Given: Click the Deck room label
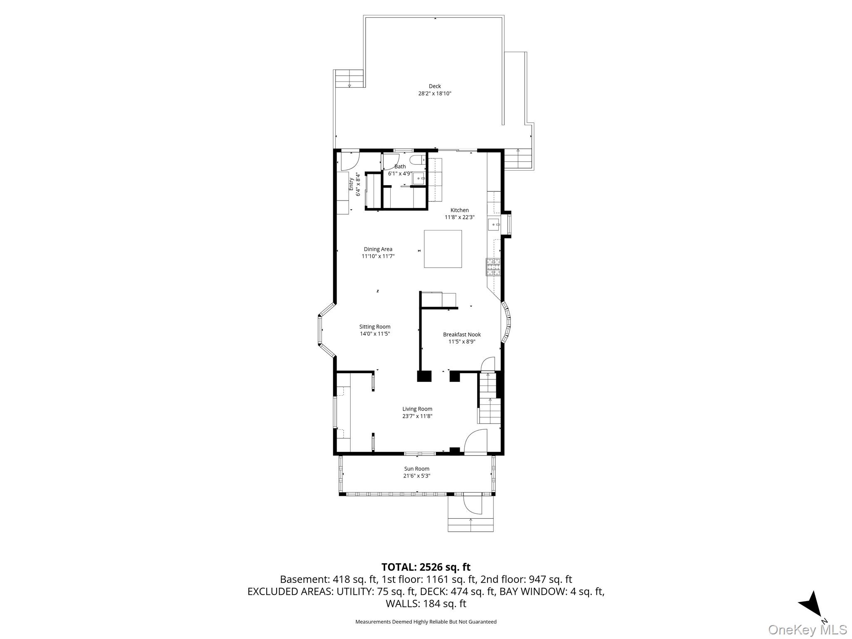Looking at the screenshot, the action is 435,87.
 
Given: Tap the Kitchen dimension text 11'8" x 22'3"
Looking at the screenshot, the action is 460,217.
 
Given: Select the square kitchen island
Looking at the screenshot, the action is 443,249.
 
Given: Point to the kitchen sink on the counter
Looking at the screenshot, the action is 494,225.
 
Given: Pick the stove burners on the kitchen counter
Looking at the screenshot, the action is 493,267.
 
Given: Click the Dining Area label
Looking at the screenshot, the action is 378,249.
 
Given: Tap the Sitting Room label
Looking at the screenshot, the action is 375,327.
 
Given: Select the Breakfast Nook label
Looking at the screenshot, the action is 462,334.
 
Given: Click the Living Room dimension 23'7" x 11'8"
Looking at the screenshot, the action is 417,416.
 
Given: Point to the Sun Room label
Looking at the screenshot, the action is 417,468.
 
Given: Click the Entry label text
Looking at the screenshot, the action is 351,184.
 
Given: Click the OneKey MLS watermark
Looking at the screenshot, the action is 807,629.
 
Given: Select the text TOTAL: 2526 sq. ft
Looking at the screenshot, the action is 426,567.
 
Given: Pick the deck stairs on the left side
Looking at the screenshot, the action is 349,79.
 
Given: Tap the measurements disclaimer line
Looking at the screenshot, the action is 426,622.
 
